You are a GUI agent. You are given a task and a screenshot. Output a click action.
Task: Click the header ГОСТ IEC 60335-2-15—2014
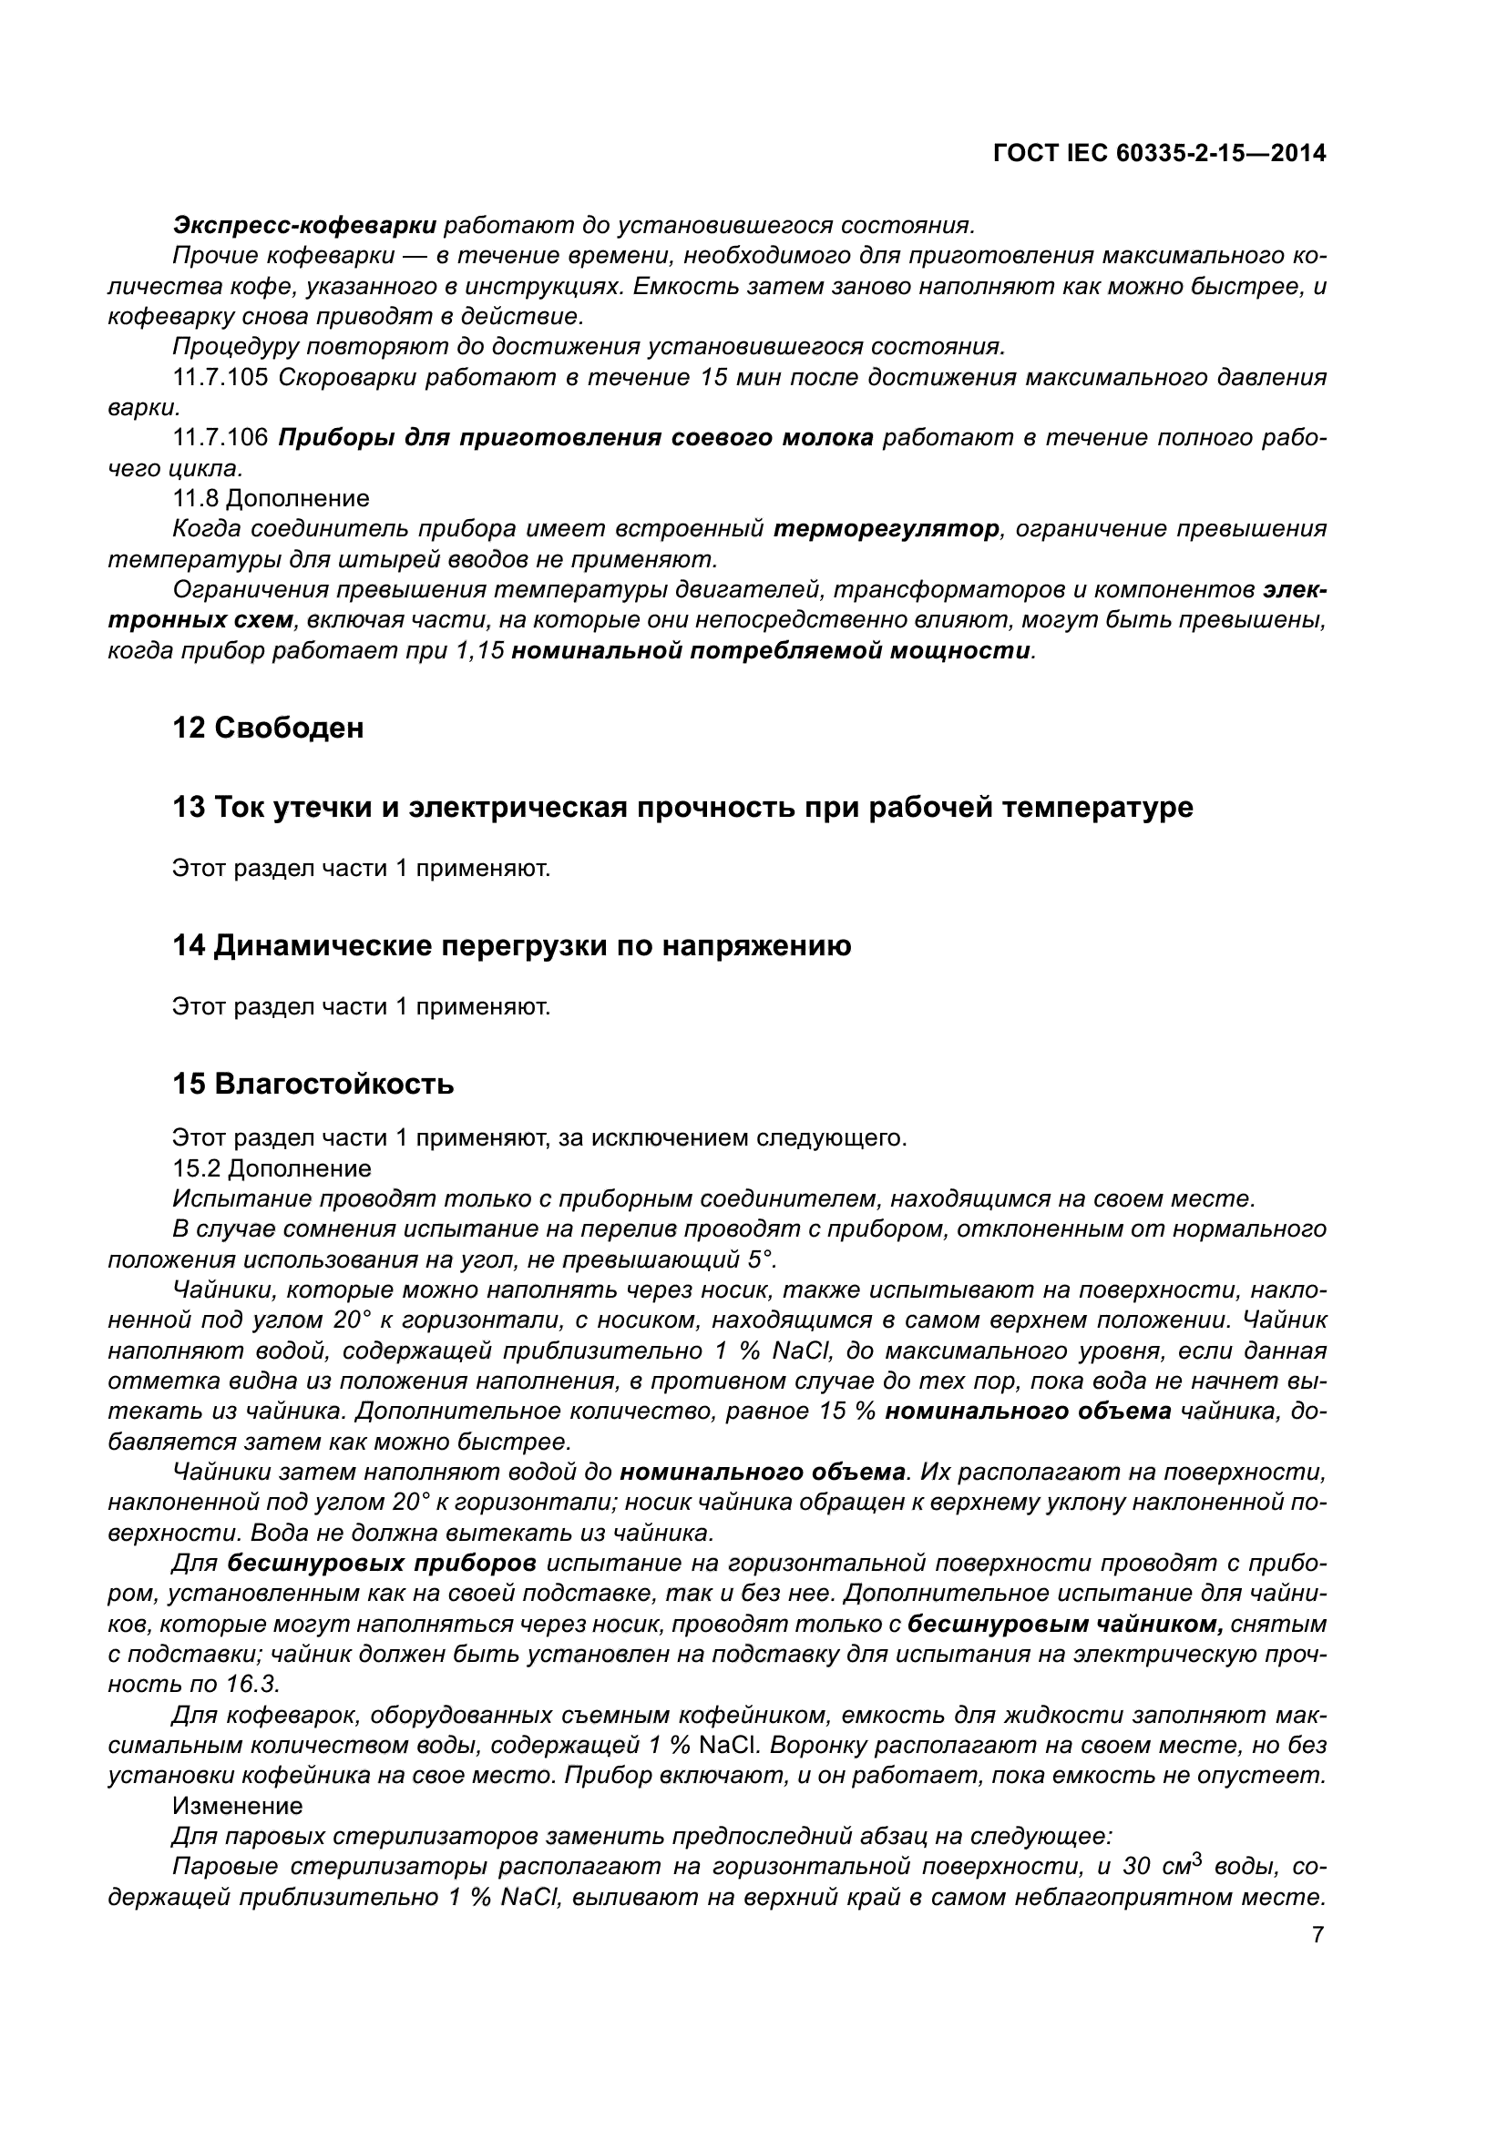pos(1159,153)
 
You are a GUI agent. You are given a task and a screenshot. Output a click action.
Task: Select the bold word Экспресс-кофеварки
pos(304,226)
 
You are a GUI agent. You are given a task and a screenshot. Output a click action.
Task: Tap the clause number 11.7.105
pos(220,378)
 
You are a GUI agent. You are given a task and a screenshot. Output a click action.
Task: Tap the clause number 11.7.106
pos(220,438)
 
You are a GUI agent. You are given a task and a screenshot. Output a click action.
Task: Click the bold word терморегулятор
pos(887,529)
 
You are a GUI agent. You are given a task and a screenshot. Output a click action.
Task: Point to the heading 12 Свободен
pos(268,729)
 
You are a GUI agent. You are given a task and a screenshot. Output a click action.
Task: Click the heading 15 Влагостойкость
pos(313,1084)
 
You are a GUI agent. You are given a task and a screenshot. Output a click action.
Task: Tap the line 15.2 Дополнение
pos(271,1168)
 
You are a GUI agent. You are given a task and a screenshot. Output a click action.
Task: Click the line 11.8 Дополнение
pos(271,499)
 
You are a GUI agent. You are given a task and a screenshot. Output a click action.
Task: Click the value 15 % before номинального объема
pos(848,1412)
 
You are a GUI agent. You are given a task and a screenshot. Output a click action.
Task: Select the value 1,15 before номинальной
pos(480,650)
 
